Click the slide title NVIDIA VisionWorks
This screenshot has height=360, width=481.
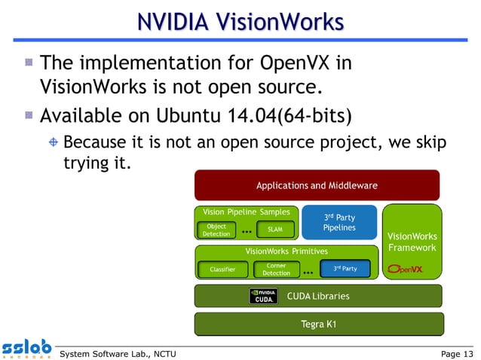pos(240,23)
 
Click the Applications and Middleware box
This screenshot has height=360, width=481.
pos(317,185)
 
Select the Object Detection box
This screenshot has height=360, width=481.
pos(216,230)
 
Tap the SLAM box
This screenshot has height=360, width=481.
pos(274,230)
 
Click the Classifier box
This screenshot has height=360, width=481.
pos(222,269)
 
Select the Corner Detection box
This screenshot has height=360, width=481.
pos(276,269)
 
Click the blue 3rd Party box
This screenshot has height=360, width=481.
pos(345,269)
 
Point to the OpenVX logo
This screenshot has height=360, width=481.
pos(405,269)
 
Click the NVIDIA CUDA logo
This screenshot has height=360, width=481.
pos(263,296)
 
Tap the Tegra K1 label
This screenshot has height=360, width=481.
pos(318,325)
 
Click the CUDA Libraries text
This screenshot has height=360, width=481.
pos(318,296)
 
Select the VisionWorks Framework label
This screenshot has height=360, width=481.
pos(412,242)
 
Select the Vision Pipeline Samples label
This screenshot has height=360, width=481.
pos(242,212)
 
